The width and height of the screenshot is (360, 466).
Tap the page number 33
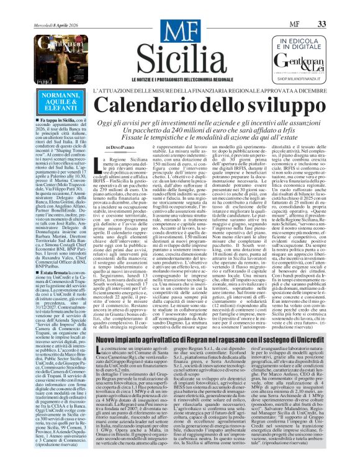pos(338,6)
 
